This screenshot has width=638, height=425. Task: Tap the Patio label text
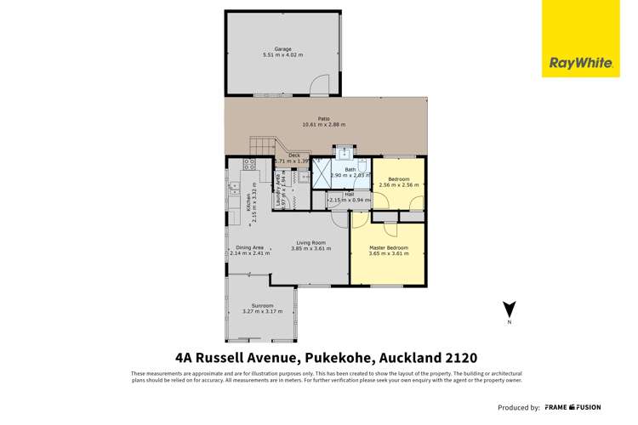(323, 118)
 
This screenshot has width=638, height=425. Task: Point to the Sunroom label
(262, 306)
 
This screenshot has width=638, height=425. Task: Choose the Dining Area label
(249, 247)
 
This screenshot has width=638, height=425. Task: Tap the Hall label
(350, 195)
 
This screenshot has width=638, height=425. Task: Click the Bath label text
(350, 170)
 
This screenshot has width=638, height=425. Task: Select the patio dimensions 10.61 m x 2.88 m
(323, 124)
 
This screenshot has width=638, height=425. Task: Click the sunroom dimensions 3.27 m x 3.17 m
(262, 312)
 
